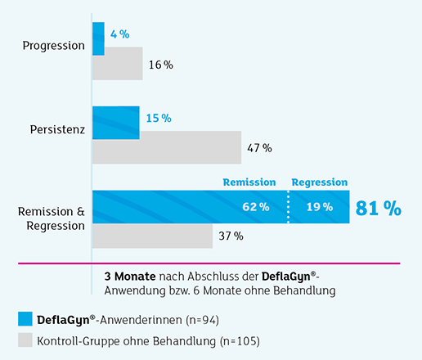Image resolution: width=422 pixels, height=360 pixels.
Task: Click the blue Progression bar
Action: [x=98, y=38]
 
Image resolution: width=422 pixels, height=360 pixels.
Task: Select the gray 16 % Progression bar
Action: [x=117, y=64]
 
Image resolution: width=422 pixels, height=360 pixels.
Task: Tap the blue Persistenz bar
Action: [x=115, y=122]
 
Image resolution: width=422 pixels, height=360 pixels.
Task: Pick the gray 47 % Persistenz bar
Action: [x=166, y=147]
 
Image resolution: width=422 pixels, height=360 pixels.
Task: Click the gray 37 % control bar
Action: [x=152, y=236]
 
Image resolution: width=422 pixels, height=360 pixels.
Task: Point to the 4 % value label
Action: [x=119, y=34]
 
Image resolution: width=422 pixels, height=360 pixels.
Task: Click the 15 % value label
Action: [x=158, y=119]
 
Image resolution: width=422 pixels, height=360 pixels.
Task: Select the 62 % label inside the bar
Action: [x=256, y=208]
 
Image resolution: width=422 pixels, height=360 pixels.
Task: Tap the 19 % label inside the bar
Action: [x=319, y=208]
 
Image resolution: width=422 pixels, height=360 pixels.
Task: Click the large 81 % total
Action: [x=378, y=208]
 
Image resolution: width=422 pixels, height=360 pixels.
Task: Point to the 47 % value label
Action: [x=259, y=148]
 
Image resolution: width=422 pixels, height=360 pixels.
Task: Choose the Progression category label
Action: [x=54, y=46]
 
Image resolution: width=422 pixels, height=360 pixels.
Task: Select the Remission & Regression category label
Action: [x=52, y=218]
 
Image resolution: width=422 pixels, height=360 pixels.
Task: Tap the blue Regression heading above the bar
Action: [x=320, y=182]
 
